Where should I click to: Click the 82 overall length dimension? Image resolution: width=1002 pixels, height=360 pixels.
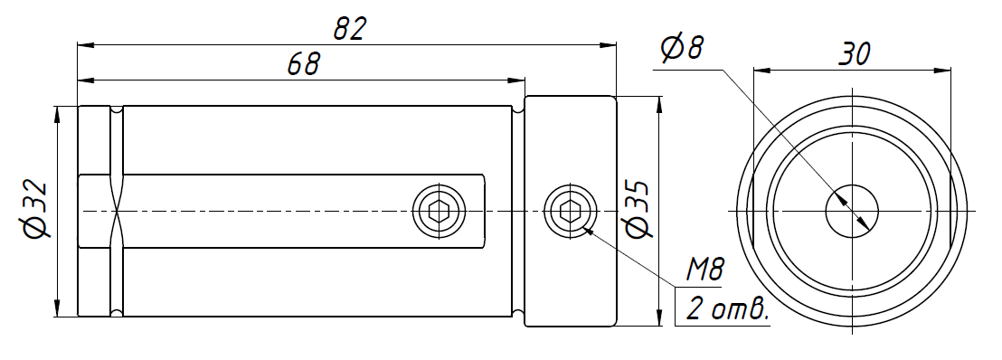point(349,30)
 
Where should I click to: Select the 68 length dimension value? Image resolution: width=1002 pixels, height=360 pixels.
point(304,64)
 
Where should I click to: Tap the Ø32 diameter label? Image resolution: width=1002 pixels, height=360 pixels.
point(36,211)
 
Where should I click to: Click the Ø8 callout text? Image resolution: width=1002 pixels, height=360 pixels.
point(682,49)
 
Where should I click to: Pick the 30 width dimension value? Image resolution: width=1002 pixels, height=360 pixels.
point(854,54)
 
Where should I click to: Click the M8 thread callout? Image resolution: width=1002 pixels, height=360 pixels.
point(704,270)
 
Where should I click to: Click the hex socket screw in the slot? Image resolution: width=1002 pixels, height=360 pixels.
point(439,211)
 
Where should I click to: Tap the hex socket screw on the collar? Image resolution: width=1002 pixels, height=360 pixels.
point(570,211)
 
